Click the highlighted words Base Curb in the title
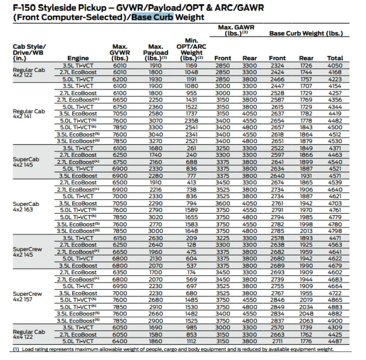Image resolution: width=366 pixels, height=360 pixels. pos(152,17)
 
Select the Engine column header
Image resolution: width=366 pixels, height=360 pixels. pos(78,58)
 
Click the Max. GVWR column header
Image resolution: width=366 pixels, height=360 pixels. pos(120,52)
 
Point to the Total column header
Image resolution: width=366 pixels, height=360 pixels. pos(335,58)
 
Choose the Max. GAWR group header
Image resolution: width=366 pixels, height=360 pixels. pos(236,30)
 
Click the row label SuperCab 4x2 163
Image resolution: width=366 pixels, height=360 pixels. pos(26,207)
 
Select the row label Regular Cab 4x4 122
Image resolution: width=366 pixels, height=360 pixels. pos(29,334)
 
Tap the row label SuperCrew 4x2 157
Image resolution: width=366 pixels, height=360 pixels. pos(27,297)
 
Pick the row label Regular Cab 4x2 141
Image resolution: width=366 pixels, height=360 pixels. pos(29,113)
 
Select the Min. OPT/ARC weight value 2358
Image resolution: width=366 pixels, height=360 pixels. pos(191,121)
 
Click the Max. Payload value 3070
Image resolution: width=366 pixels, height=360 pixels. pos(156,121)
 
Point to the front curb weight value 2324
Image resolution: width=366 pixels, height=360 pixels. pos(277,66)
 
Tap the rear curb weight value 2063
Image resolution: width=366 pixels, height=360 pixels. pos(306,321)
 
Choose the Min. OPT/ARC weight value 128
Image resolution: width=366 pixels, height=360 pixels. pos(191,245)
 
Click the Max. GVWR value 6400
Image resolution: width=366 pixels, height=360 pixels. pos(120,341)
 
